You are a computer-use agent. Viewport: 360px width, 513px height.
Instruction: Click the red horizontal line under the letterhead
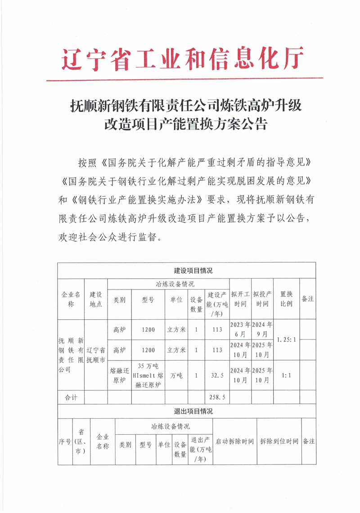(x=184, y=80)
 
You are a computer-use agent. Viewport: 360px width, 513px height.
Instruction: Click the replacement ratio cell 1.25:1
(x=287, y=339)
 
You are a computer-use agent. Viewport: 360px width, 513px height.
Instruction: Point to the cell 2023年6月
(x=240, y=330)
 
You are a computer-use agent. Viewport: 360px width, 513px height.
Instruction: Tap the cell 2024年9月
(x=263, y=330)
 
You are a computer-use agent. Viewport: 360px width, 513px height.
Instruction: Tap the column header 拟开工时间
(x=240, y=299)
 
